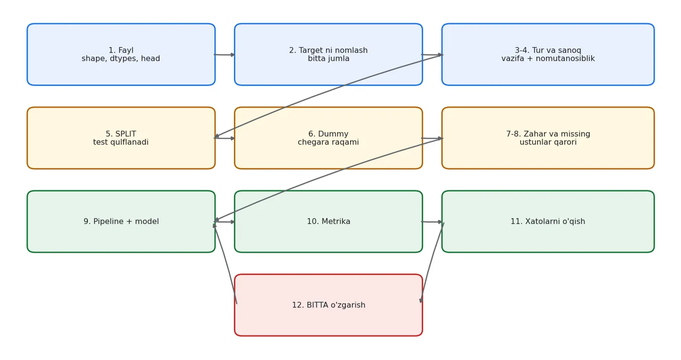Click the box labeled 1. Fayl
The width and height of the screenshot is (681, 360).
click(x=121, y=54)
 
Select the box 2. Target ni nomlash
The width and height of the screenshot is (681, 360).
click(x=328, y=54)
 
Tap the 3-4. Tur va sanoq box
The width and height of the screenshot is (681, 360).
click(x=548, y=54)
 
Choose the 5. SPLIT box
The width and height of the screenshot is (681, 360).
click(x=121, y=138)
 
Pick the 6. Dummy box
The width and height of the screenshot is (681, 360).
click(x=328, y=138)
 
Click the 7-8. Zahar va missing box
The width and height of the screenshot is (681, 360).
click(x=548, y=138)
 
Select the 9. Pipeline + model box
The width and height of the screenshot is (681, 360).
click(x=121, y=222)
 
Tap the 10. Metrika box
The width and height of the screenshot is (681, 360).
click(x=328, y=222)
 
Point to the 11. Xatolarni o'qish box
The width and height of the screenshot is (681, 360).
click(x=548, y=222)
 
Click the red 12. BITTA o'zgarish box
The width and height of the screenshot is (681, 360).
click(x=328, y=306)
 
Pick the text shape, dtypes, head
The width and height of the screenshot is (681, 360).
click(x=121, y=59)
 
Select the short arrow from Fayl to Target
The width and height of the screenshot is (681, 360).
click(x=224, y=54)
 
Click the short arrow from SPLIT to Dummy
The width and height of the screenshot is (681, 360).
click(x=224, y=138)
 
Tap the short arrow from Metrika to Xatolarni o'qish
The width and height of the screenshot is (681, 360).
click(x=432, y=222)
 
